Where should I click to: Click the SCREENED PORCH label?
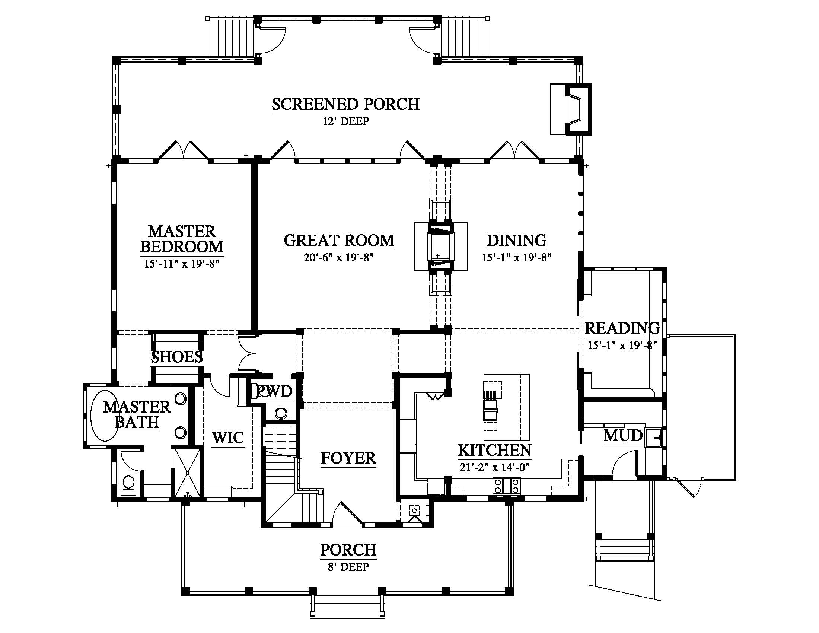(345, 104)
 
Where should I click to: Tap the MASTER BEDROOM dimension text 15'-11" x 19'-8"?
(182, 264)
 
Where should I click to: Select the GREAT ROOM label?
(339, 241)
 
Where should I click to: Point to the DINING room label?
(516, 241)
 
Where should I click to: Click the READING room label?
(622, 328)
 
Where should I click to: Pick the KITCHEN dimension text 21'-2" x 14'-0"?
(495, 467)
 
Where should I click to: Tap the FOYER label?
(348, 458)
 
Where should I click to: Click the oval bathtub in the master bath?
(105, 416)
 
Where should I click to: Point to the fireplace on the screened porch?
(571, 109)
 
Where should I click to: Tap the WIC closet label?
(228, 438)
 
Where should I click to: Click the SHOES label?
(176, 357)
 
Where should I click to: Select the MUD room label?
(623, 435)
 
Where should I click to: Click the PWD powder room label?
(274, 391)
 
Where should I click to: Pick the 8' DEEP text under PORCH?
(348, 567)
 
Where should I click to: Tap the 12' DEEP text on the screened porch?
(346, 121)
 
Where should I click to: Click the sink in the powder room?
(280, 414)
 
